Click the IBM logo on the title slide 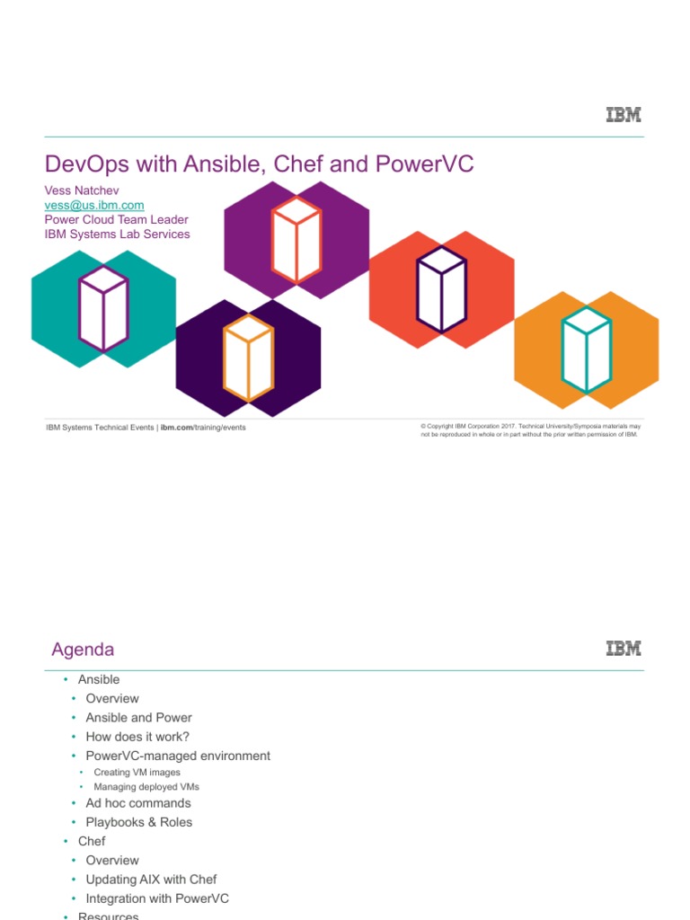624,115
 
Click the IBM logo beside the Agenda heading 624,648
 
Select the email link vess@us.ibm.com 94,205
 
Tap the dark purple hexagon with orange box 248,357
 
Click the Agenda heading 83,650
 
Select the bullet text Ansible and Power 138,718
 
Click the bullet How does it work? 137,737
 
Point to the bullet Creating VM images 137,773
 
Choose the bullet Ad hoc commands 137,803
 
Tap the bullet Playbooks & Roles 138,822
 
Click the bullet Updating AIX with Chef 151,880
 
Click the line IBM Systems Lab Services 117,234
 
